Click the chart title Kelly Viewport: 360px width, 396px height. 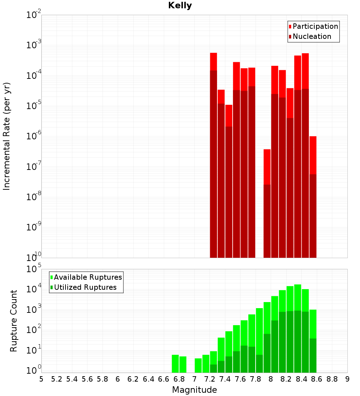tap(180, 6)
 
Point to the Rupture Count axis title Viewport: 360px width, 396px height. tap(14, 321)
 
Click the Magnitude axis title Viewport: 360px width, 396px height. tap(194, 390)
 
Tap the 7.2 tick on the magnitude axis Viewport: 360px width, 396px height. tap(210, 379)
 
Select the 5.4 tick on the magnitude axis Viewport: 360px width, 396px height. tap(72, 379)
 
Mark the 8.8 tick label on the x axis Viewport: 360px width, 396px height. tap(332, 379)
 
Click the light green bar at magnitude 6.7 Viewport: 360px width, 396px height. tap(175, 364)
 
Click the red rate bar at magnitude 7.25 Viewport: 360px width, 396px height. tap(213, 155)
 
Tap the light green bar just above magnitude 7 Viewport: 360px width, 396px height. tap(198, 365)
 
